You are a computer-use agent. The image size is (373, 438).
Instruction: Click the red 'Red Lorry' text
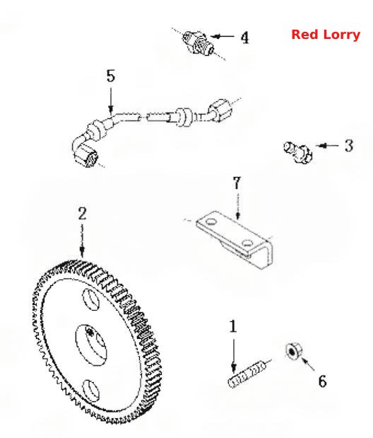pos(326,35)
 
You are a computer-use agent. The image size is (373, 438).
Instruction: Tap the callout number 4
pos(244,38)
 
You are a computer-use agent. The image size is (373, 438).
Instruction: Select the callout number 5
pos(111,76)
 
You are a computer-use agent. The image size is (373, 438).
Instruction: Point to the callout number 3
pos(349,146)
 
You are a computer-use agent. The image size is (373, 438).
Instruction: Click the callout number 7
pos(237,183)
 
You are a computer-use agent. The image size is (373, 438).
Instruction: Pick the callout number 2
pos(82,214)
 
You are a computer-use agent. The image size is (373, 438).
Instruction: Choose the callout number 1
pos(233,326)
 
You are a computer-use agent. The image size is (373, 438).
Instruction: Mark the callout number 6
pos(323,381)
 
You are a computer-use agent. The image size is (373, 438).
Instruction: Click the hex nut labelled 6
pos(294,351)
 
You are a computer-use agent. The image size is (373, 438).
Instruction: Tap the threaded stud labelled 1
pos(247,374)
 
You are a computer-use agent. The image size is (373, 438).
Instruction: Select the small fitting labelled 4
pos(198,43)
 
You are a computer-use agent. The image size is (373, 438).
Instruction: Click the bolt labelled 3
pos(297,152)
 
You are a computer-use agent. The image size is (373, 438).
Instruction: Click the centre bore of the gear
pos(91,345)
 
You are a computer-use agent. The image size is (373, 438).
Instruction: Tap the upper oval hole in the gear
pos(91,299)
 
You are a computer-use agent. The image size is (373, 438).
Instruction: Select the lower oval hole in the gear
pos(91,391)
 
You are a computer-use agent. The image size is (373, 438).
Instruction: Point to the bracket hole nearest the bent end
pos(247,243)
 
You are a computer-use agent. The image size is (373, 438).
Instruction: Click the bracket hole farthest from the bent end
pos(211,222)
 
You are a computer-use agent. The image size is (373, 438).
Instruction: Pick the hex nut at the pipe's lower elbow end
pos(86,156)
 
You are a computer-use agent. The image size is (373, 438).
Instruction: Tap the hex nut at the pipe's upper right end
pos(220,110)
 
